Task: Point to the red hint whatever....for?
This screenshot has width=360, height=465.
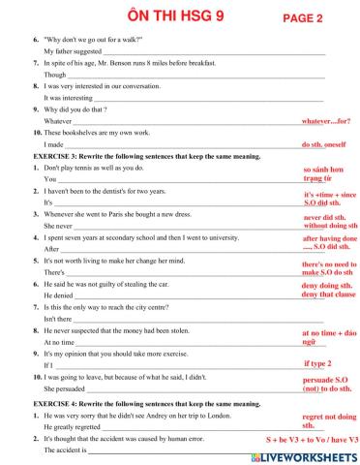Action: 326,122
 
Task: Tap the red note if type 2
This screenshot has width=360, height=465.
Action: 317,363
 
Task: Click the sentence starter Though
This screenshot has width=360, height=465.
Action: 55,75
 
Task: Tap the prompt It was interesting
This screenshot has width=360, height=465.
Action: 68,98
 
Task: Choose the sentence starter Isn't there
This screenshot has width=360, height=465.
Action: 58,319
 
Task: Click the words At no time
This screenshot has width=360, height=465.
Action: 59,343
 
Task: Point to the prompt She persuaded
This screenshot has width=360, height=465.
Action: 66,389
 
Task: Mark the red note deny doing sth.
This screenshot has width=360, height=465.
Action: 322,286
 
